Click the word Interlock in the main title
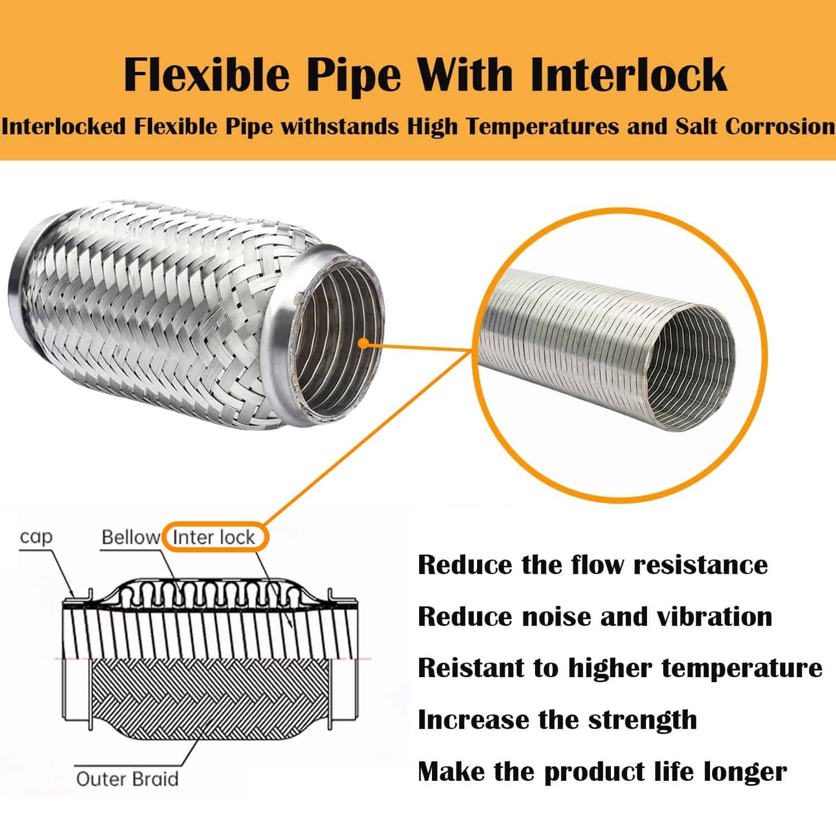[x=628, y=75]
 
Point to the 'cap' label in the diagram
[x=37, y=537]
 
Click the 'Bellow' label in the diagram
[x=131, y=537]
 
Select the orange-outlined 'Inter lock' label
[x=213, y=537]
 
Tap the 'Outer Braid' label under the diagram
[x=127, y=779]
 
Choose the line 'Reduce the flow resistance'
[x=592, y=565]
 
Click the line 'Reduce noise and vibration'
[x=595, y=616]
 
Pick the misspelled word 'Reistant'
[x=488, y=668]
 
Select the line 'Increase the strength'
[x=557, y=720]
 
